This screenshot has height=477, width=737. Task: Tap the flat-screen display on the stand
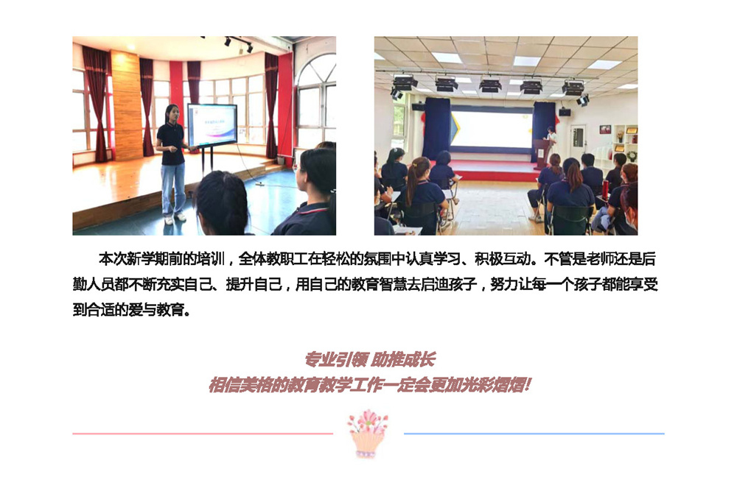(x=212, y=126)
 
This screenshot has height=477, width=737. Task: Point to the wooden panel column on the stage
(x=126, y=106)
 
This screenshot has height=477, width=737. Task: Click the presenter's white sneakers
(x=173, y=219)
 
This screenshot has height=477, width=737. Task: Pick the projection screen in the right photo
(x=491, y=130)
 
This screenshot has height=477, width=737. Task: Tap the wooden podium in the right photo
(x=542, y=153)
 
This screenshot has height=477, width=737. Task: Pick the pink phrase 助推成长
(x=403, y=360)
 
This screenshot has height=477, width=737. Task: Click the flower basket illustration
(x=368, y=434)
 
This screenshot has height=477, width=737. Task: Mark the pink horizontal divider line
(x=203, y=434)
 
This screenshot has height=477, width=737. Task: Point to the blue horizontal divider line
(x=534, y=434)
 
